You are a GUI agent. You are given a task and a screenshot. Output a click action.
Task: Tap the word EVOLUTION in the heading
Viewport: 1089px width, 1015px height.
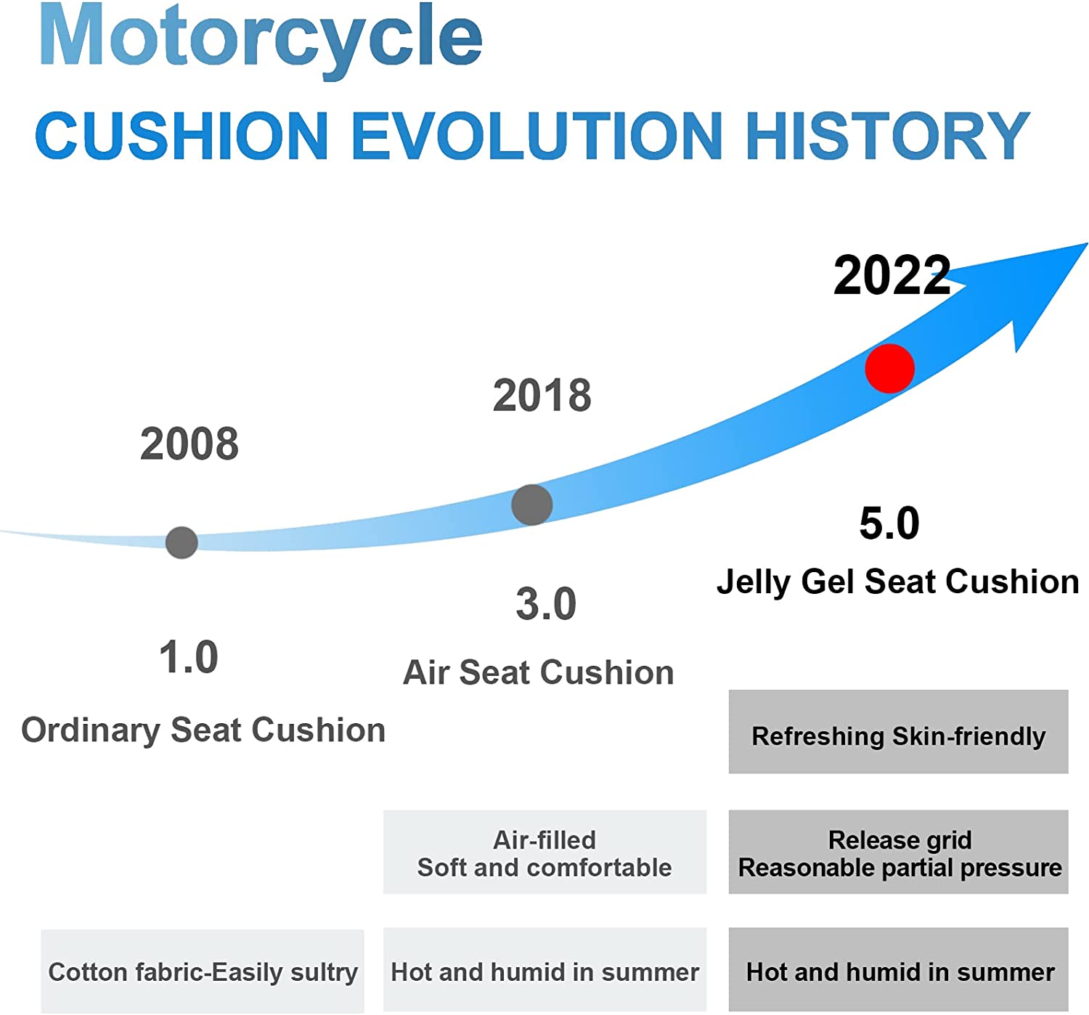(537, 136)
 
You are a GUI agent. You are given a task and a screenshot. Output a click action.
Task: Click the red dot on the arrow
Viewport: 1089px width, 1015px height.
(889, 368)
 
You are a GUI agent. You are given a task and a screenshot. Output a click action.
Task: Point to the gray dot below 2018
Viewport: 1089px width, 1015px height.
(531, 505)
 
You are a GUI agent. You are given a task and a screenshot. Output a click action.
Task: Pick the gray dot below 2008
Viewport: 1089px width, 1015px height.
(181, 542)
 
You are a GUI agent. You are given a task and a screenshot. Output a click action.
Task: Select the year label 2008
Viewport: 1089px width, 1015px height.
(189, 444)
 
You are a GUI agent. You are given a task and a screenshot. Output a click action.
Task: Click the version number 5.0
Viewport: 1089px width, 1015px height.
(889, 523)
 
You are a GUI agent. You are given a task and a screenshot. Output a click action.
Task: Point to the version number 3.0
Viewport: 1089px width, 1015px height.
(546, 604)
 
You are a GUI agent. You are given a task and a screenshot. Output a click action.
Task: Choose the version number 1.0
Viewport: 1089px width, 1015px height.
(189, 657)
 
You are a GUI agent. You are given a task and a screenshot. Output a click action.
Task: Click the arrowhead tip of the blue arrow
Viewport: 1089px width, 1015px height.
(1088, 244)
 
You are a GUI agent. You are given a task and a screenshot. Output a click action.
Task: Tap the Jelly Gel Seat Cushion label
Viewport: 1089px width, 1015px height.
(897, 582)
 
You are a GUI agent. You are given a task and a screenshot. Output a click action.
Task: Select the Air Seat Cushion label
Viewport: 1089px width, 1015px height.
(539, 672)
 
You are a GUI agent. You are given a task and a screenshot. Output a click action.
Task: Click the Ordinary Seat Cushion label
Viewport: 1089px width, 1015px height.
(203, 731)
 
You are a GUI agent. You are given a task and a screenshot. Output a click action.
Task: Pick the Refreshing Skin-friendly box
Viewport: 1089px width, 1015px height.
(898, 731)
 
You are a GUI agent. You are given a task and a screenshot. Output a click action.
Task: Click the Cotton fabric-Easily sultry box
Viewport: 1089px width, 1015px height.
(203, 971)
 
